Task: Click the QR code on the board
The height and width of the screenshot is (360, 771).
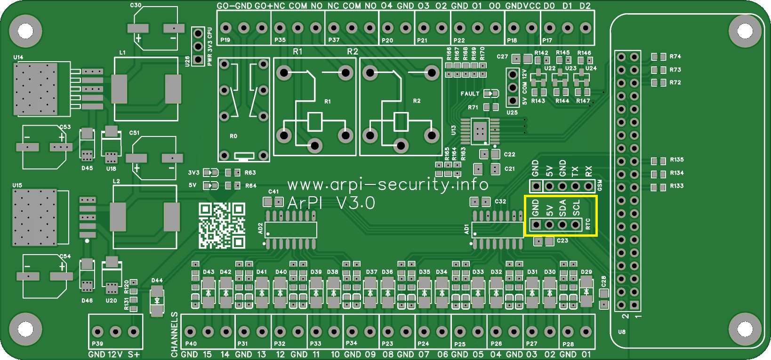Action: pyautogui.click(x=222, y=225)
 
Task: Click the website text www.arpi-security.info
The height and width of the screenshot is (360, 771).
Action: pyautogui.click(x=387, y=184)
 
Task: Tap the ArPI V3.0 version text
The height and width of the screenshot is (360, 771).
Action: pyautogui.click(x=331, y=203)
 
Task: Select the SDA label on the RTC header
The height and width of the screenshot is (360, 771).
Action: pyautogui.click(x=562, y=208)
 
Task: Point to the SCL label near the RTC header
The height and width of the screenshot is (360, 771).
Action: pyautogui.click(x=576, y=208)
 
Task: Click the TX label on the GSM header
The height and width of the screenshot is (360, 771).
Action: pyautogui.click(x=575, y=171)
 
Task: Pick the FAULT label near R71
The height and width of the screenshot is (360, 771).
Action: pyautogui.click(x=470, y=94)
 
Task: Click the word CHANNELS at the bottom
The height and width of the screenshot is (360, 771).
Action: pyautogui.click(x=175, y=334)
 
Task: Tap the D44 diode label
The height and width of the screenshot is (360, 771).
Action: pyautogui.click(x=157, y=280)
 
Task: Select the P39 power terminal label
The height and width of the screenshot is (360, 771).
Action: pyautogui.click(x=97, y=344)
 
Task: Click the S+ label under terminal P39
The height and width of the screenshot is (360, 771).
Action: pyautogui.click(x=134, y=354)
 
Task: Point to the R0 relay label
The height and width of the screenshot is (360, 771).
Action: pyautogui.click(x=233, y=136)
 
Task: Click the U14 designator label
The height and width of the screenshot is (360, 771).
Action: pyautogui.click(x=18, y=57)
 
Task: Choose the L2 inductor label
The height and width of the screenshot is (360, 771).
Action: pyautogui.click(x=116, y=181)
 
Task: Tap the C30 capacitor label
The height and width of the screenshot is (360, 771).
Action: pyautogui.click(x=136, y=5)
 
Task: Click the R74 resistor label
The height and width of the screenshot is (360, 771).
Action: pyautogui.click(x=675, y=56)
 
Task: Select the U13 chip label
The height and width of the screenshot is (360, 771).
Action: pyautogui.click(x=454, y=130)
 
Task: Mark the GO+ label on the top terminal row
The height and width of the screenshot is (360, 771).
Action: pyautogui.click(x=263, y=6)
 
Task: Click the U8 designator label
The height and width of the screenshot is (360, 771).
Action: pyautogui.click(x=622, y=332)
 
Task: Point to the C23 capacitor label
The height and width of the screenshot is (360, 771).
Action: pyautogui.click(x=562, y=240)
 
